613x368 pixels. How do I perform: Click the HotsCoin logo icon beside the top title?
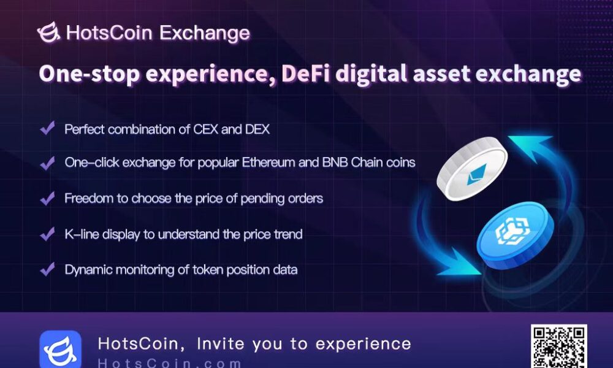(x=48, y=33)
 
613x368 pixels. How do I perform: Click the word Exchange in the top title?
(x=204, y=33)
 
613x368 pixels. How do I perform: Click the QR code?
(x=558, y=347)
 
